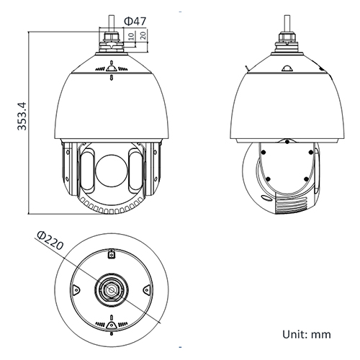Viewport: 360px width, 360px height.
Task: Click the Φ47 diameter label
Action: [x=136, y=21]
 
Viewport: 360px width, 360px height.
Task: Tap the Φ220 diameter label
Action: [x=50, y=242]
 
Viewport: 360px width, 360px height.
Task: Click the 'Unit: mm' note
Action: [x=307, y=334]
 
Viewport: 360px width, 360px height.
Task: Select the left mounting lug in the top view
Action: [x=74, y=290]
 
